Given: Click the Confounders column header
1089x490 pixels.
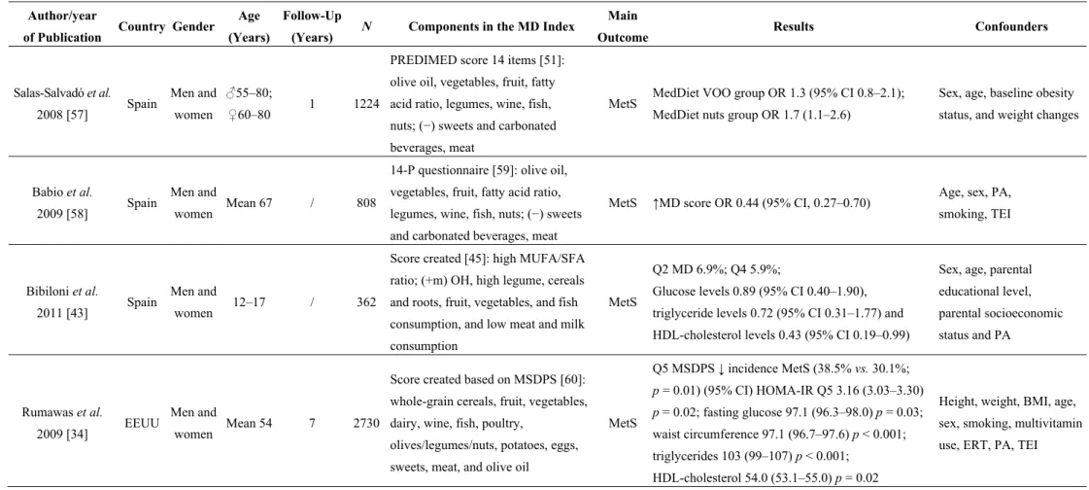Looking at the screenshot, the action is pyautogui.click(x=1011, y=27).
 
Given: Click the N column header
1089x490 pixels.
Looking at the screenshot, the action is pyautogui.click(x=366, y=27).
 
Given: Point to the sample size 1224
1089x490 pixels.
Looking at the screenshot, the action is pyautogui.click(x=366, y=104).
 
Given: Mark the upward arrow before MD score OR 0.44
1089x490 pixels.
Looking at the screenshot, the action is pyautogui.click(x=657, y=203).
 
